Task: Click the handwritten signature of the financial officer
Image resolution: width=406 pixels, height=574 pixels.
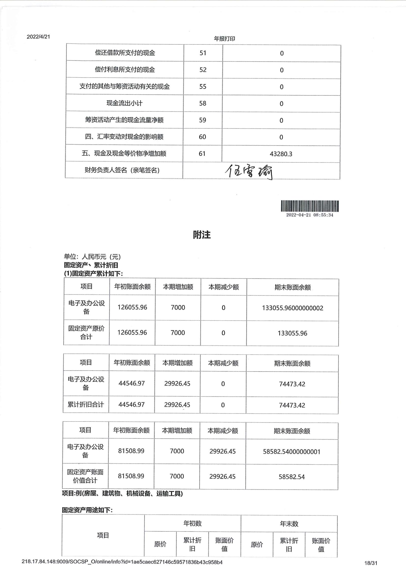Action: click(249, 172)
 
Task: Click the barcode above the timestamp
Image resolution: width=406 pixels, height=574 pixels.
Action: click(310, 206)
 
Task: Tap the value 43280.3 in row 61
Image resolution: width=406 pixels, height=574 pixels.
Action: click(281, 154)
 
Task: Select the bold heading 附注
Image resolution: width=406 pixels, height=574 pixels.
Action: click(202, 235)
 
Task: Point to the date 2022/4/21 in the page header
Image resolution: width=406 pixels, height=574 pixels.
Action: click(38, 37)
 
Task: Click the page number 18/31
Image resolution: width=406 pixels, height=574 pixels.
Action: click(371, 563)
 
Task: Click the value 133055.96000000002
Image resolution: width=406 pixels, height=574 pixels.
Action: click(293, 308)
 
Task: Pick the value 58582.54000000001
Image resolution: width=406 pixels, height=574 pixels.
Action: click(292, 452)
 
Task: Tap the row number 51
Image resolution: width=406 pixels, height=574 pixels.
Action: click(203, 53)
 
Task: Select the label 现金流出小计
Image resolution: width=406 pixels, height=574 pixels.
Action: click(124, 103)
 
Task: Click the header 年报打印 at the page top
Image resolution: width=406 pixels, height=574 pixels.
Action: click(224, 39)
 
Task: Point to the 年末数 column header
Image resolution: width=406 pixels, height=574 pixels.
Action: click(289, 524)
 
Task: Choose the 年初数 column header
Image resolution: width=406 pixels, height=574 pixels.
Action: click(192, 523)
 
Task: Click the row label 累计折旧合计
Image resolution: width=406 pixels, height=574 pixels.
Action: click(85, 405)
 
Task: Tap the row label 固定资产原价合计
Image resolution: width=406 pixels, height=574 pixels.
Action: click(86, 333)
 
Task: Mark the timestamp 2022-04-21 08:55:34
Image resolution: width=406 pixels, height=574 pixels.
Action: click(310, 215)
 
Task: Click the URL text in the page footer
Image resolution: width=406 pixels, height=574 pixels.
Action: click(122, 562)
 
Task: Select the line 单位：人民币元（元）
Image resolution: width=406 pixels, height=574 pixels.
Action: click(92, 257)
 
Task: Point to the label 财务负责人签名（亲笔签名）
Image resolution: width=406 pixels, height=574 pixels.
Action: click(122, 170)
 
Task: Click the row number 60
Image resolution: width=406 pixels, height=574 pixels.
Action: click(202, 137)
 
